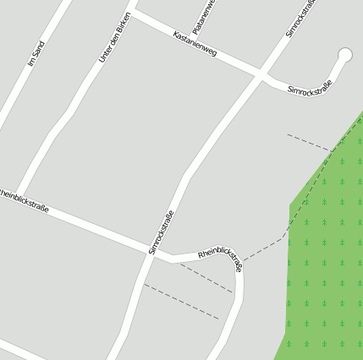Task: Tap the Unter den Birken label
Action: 114,38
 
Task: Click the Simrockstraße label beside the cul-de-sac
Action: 309,85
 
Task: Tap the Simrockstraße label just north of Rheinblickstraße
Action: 161,232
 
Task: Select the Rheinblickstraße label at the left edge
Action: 24,201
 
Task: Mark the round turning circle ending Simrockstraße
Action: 344,55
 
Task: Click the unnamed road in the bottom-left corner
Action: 21,350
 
